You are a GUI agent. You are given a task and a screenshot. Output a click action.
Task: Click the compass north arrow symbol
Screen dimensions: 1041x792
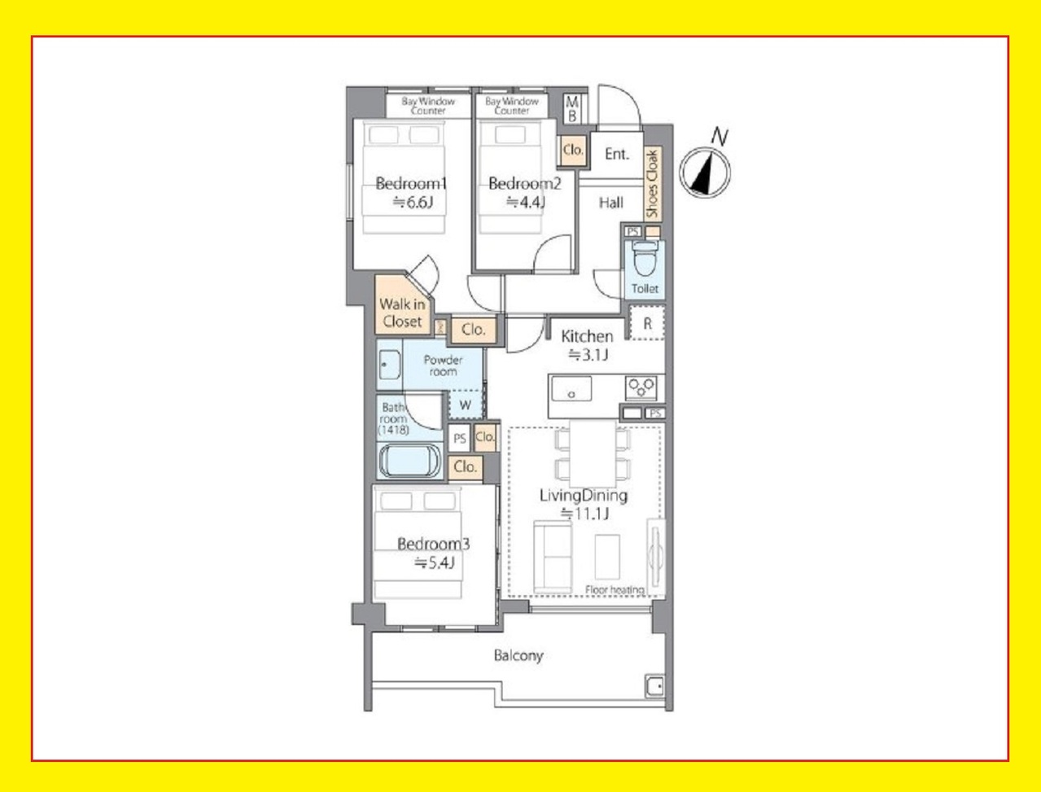click(705, 172)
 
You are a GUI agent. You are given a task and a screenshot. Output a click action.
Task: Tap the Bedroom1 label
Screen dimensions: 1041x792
click(411, 183)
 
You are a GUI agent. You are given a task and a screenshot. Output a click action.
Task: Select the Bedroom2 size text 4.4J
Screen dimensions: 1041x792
click(526, 203)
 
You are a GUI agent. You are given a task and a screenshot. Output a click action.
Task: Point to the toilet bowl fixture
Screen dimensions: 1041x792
click(644, 259)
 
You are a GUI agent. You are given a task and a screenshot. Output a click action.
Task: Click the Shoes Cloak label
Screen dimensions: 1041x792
click(653, 183)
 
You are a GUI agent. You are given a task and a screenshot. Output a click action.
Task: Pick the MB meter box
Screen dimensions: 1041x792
click(572, 108)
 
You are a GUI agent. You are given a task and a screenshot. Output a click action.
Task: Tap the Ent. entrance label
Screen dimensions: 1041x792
click(617, 154)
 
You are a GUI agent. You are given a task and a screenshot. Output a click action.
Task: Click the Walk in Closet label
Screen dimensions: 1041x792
click(402, 313)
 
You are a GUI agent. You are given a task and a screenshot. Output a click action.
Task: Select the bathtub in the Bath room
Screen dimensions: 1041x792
click(409, 461)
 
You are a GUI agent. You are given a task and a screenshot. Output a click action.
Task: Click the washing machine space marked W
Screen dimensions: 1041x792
click(466, 405)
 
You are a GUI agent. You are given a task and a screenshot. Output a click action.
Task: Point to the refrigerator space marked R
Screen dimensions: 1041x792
click(647, 323)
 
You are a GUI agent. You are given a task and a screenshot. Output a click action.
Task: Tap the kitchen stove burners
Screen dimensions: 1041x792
click(641, 387)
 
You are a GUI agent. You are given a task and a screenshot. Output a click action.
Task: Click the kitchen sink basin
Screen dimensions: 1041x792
click(571, 389)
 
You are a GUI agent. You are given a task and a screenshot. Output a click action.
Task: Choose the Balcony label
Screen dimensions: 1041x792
click(518, 656)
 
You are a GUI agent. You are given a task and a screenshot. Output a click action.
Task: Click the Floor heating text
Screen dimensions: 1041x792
click(615, 590)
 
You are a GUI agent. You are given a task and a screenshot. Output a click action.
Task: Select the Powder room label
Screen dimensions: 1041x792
click(443, 365)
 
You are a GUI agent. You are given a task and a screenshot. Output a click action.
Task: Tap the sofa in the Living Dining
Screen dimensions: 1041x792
click(553, 557)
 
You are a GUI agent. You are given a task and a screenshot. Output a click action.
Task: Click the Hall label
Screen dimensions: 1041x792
click(611, 203)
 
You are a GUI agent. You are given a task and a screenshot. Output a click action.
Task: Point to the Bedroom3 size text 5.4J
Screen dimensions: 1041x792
click(435, 563)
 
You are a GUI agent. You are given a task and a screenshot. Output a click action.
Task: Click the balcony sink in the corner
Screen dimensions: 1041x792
click(654, 685)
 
